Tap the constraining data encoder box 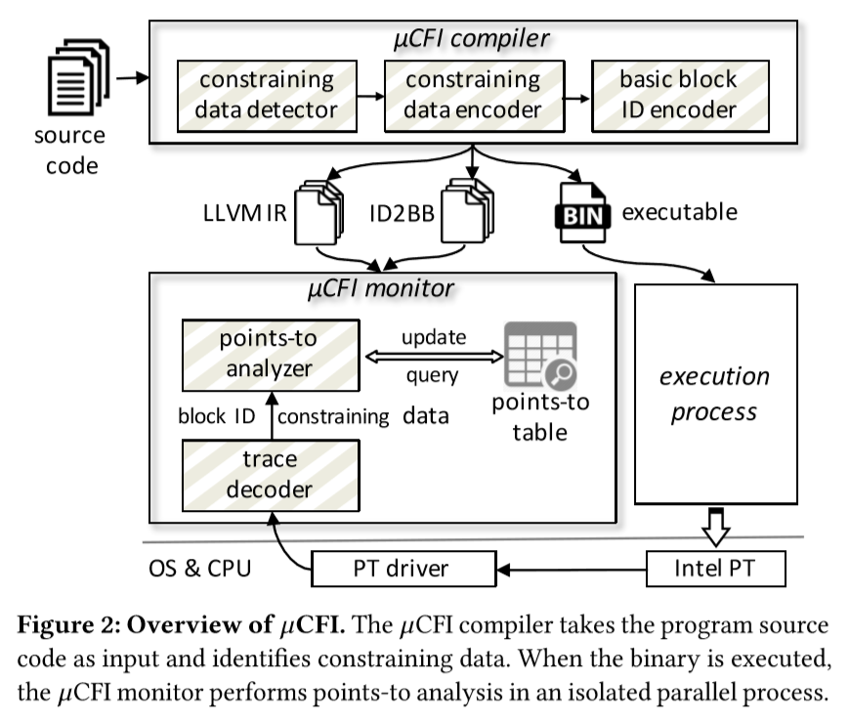coord(473,95)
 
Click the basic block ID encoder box coord(678,95)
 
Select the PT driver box coord(404,567)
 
